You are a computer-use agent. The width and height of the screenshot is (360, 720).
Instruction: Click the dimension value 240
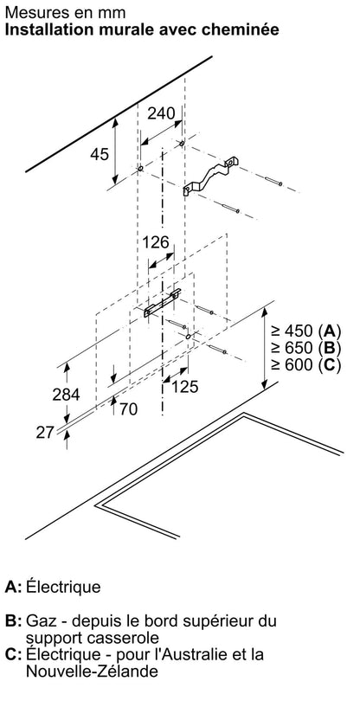[161, 113]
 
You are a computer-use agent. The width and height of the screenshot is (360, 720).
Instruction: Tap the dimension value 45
[100, 154]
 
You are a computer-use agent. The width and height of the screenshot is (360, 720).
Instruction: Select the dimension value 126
[155, 241]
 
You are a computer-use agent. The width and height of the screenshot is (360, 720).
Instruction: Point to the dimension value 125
[184, 387]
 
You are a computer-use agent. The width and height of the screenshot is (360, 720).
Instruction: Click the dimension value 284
[66, 395]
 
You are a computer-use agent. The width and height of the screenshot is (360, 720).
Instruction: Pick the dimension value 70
[129, 408]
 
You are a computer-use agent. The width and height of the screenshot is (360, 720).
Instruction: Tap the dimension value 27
[46, 432]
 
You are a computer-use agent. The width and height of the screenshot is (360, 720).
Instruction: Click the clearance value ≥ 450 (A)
[305, 331]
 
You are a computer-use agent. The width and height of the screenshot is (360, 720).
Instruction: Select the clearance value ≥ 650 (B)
[305, 348]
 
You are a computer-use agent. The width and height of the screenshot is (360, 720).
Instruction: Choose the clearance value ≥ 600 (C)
[305, 365]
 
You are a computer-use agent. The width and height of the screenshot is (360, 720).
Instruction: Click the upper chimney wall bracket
[210, 177]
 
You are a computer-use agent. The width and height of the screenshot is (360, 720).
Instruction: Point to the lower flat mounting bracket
[163, 303]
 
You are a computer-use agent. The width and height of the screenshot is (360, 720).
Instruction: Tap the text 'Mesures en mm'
[65, 11]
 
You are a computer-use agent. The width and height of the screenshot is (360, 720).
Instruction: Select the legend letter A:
[13, 587]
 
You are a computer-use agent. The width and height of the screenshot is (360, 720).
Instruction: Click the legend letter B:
[13, 620]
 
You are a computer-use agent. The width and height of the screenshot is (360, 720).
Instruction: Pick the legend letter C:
[13, 654]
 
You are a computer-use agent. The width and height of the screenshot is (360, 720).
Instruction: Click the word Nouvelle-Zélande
[93, 672]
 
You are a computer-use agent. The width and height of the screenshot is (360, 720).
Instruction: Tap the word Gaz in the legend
[40, 620]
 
